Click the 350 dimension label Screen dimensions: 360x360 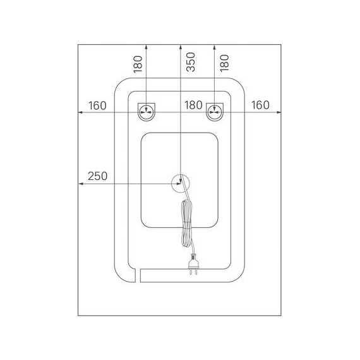click(x=191, y=62)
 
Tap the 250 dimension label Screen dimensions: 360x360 click(x=97, y=176)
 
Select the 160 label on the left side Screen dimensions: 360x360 click(x=97, y=105)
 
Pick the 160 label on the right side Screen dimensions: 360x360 click(x=260, y=105)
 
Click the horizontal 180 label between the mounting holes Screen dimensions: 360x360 click(x=193, y=105)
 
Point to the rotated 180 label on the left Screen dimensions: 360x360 click(x=138, y=64)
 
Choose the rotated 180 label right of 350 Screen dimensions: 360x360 click(x=224, y=63)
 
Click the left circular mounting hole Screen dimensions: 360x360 click(x=147, y=112)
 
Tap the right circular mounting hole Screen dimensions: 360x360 click(x=215, y=112)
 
